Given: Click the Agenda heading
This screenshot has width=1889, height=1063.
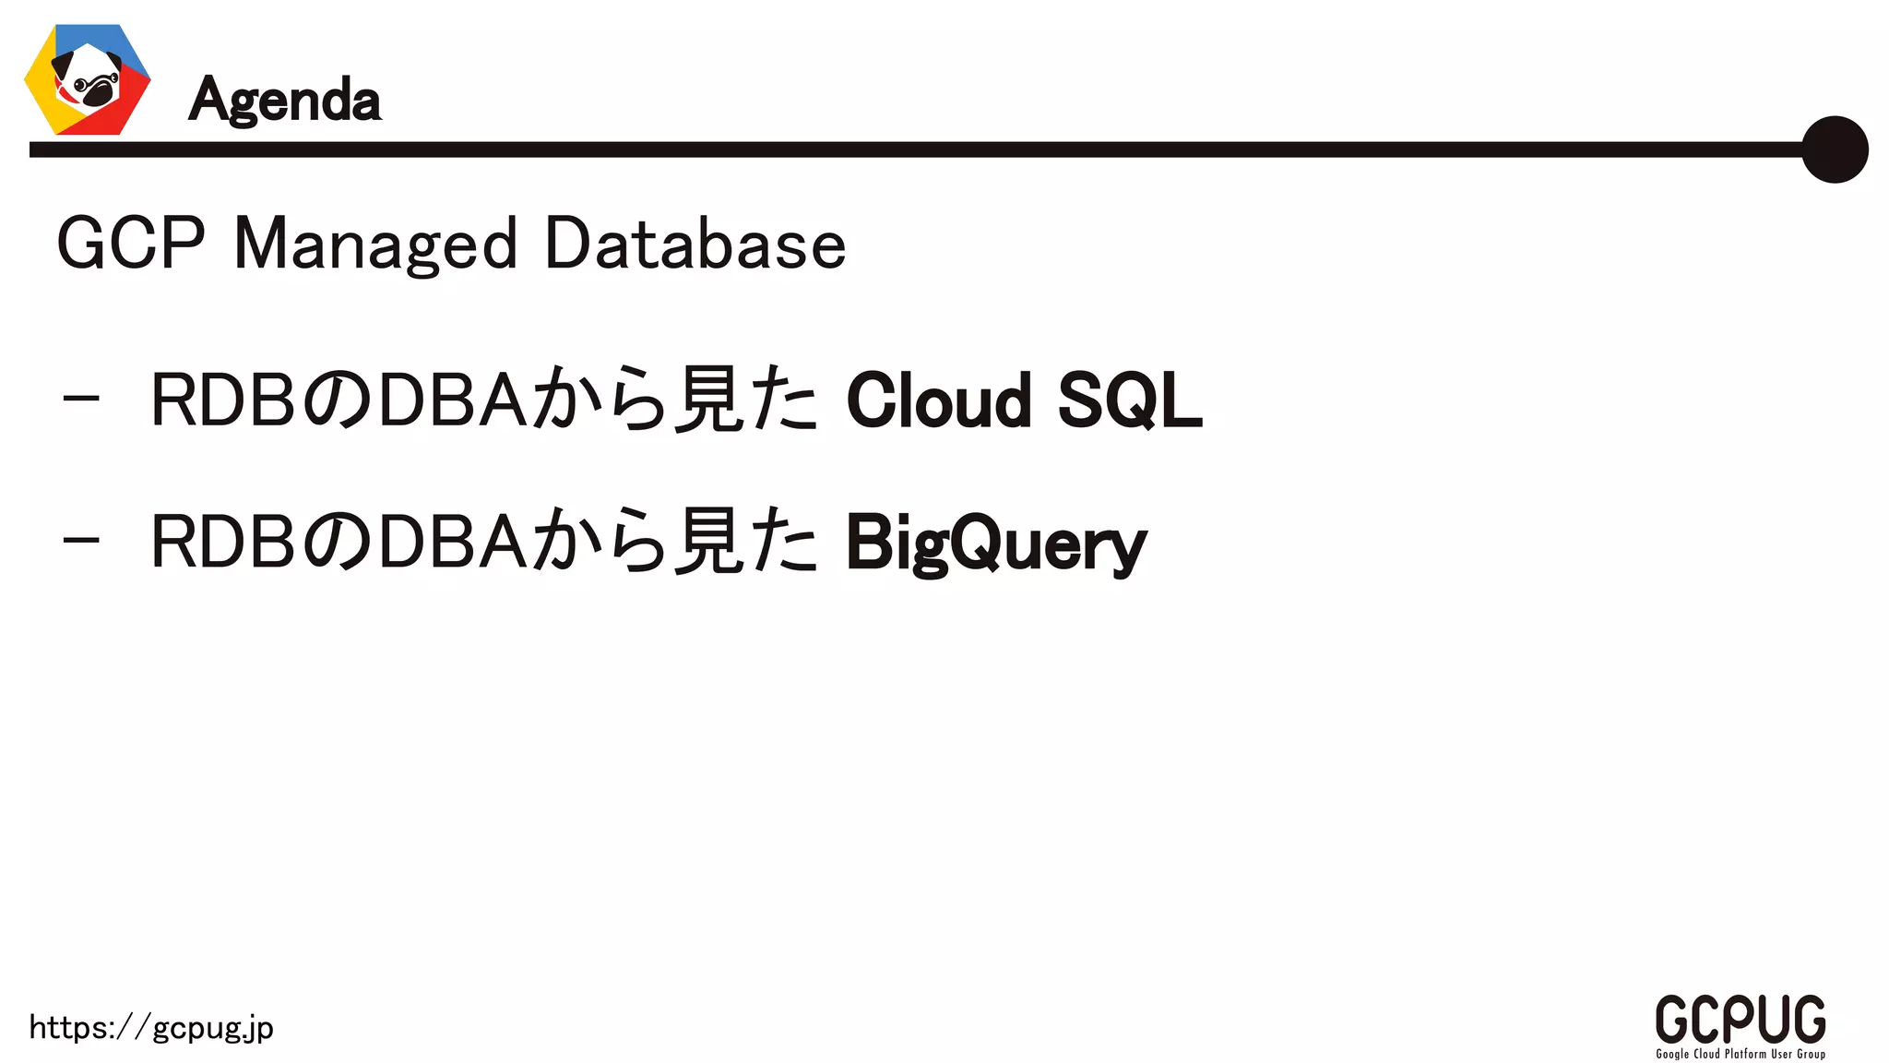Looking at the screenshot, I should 284,100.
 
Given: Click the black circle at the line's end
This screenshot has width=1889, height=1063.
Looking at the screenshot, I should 1834,149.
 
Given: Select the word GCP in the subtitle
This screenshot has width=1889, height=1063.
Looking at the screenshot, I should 130,244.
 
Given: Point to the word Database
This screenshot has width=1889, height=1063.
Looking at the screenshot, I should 695,244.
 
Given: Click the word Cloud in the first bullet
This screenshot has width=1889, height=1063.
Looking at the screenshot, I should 938,400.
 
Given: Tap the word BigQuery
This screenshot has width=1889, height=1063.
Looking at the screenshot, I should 996,544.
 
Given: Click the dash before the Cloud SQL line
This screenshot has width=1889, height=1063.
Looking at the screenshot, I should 81,400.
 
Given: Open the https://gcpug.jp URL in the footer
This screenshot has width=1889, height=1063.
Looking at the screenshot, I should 151,1028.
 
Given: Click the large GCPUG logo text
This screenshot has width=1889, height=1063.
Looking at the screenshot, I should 1740,1019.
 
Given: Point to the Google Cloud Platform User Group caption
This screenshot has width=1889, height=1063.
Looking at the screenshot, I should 1740,1054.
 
